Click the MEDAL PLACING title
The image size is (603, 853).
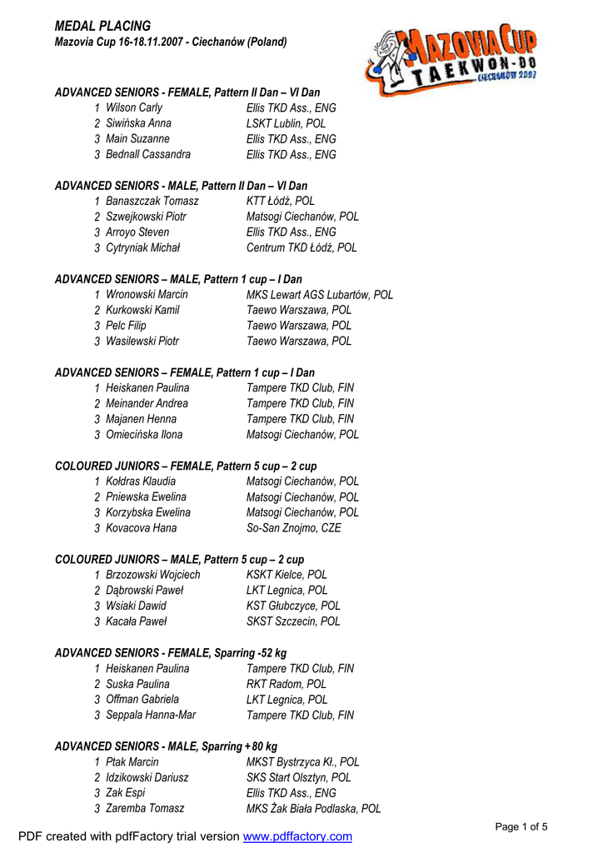102,26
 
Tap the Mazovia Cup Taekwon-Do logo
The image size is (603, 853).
454,58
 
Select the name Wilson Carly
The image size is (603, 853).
134,107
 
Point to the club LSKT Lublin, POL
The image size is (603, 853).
286,123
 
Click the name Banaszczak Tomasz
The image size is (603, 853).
152,201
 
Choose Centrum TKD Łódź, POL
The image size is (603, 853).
301,247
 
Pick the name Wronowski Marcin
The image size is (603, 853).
147,294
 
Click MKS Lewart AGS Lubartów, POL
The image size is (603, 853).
320,295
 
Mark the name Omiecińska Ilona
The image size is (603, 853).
144,434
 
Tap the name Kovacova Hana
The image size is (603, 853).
141,527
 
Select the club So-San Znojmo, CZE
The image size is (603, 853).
293,527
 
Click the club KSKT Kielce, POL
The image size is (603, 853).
287,574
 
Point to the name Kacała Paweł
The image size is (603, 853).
136,621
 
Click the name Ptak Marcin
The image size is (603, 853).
132,761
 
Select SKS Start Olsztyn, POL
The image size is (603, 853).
298,777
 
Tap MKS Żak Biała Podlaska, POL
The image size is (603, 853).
313,808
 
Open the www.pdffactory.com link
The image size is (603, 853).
297,836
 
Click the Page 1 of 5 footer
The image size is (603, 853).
521,826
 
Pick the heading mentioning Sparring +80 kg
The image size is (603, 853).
166,746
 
